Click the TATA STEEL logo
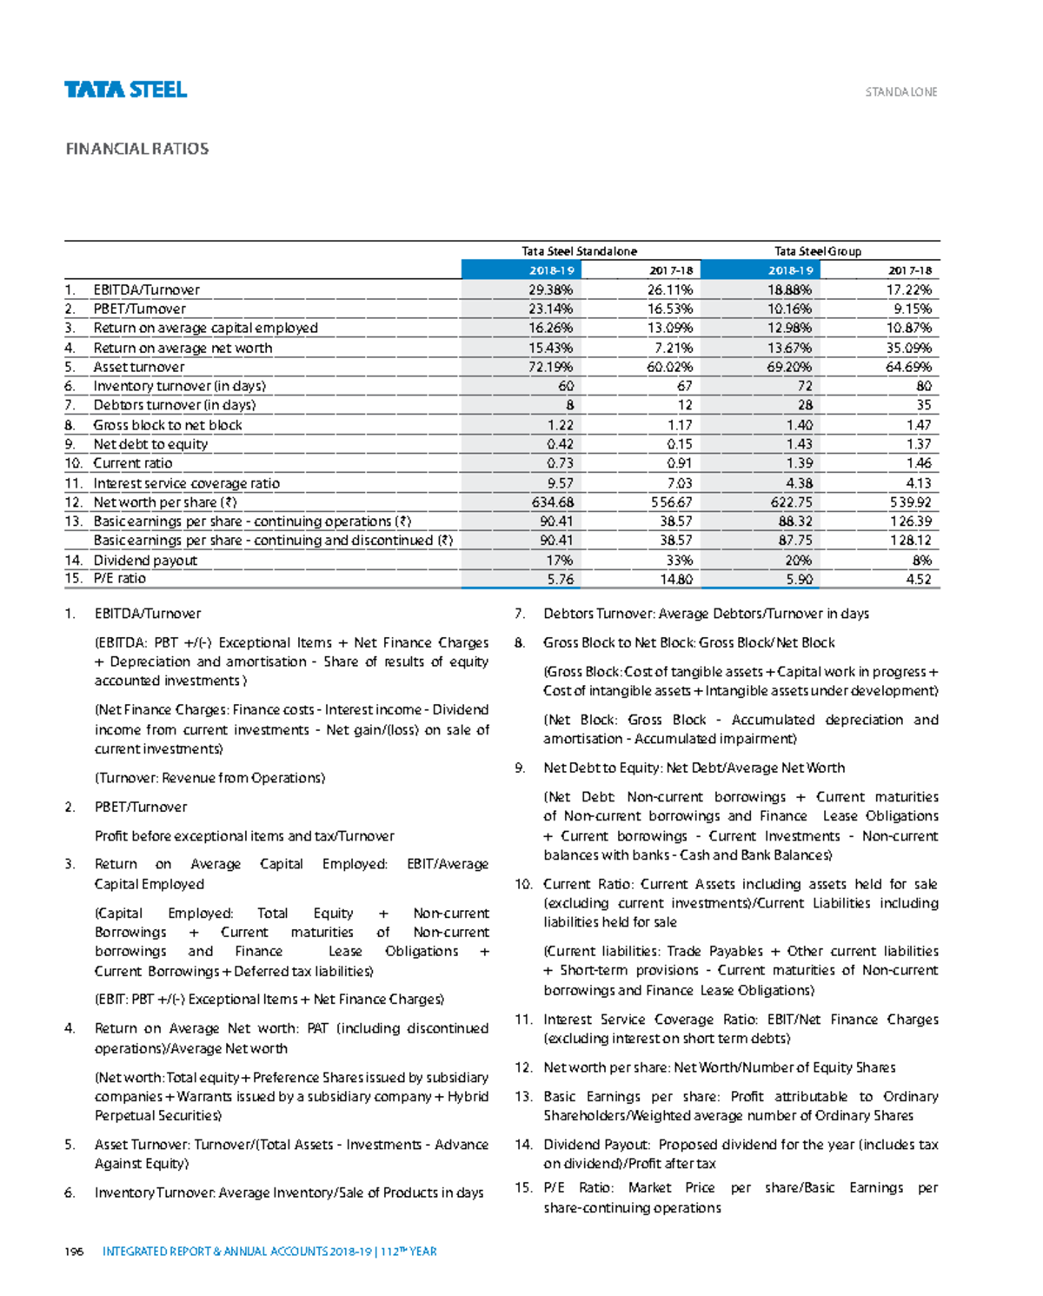coord(125,90)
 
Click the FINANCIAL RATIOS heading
coord(137,149)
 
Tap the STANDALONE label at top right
coord(900,92)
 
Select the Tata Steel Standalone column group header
coord(579,251)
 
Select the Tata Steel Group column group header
coord(817,251)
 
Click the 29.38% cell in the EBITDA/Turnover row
coord(551,289)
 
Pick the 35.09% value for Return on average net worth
coord(909,348)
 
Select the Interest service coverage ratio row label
coord(187,483)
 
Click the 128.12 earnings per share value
coord(910,540)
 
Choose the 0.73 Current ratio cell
coord(560,463)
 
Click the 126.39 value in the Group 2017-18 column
coord(910,522)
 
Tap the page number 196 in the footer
coord(74,1252)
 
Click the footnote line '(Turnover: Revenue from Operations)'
coord(209,778)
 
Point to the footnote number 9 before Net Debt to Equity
coord(520,768)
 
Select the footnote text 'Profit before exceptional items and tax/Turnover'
coord(244,836)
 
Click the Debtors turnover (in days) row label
coord(175,405)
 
